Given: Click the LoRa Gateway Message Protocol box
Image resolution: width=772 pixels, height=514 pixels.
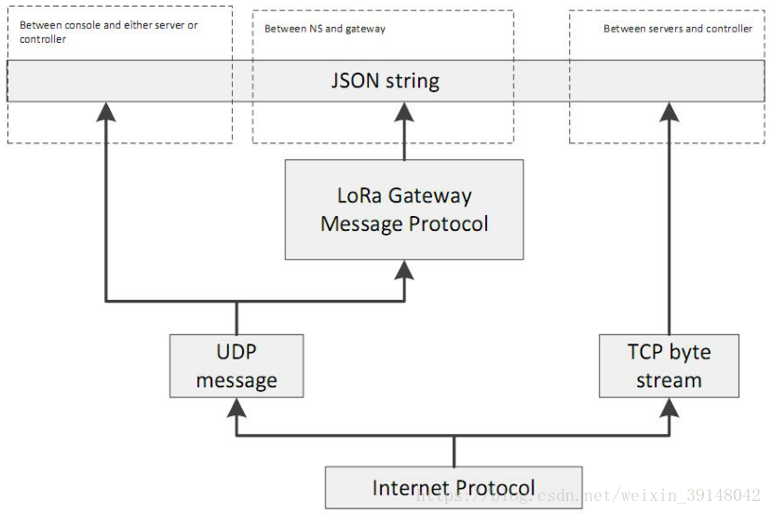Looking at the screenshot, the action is coord(404,210).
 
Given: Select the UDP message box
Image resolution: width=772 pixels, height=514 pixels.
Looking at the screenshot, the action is coord(237,366).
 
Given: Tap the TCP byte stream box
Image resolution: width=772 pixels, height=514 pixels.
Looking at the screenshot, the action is coord(669,366).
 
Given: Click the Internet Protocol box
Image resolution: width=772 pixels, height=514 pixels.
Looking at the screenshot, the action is coord(454,487).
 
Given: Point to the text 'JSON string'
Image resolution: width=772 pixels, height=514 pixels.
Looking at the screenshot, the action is coord(385,81).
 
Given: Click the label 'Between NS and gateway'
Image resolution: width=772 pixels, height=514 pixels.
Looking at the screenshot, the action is coord(325,29).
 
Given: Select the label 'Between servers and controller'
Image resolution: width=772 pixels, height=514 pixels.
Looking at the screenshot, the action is coord(678,29).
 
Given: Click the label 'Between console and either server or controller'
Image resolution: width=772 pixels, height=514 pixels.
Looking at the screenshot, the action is coord(108,32).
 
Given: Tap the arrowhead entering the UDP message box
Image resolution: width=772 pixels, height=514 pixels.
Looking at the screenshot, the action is coord(237,408).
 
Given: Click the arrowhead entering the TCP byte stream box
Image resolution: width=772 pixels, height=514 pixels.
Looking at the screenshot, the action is coord(670,408).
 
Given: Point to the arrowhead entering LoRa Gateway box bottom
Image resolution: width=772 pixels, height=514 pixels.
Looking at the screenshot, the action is coord(404,270).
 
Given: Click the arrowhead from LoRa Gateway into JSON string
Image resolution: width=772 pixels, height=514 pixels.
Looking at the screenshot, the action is coord(404,113).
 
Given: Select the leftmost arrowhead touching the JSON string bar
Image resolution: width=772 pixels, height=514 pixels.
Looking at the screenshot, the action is coord(106,113).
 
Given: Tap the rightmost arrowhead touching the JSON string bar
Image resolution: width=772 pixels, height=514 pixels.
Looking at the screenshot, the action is coord(670,113).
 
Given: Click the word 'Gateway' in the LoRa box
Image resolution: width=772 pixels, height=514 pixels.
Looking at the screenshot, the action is coord(430,196).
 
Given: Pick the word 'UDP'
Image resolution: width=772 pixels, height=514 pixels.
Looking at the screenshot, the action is coord(237,352).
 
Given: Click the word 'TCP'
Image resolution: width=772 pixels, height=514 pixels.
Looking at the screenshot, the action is coord(645,352).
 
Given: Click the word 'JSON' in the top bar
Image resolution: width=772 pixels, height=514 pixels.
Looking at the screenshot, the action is coord(355,80).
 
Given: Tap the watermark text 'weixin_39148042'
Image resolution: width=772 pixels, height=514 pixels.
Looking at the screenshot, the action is coord(691,495).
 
